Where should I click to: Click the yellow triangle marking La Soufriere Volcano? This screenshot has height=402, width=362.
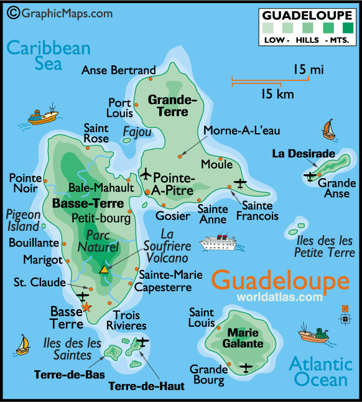pos(104,269)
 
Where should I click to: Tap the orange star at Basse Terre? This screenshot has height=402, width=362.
pos(86,307)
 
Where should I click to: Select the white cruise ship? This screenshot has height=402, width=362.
pos(218,242)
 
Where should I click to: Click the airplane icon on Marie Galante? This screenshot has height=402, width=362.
pos(246,367)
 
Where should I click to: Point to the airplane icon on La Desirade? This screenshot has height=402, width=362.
pos(310,177)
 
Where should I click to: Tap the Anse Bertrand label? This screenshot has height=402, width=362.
pos(118,70)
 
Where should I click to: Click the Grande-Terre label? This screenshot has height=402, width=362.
pos(172,105)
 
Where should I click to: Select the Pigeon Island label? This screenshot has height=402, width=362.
pos(23,220)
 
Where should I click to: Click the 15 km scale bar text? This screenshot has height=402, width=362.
pos(277,94)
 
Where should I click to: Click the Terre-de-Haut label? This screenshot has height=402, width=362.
pos(146,386)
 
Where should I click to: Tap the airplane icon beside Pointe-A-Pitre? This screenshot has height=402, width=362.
pos(146,172)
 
